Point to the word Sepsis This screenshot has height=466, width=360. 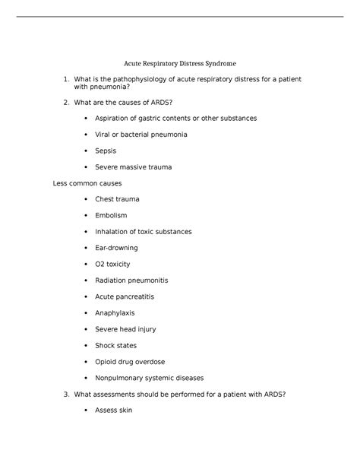point(106,151)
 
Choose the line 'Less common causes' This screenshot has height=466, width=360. point(86,183)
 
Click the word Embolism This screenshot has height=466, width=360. point(111,215)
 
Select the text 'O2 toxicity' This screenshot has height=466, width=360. point(112,264)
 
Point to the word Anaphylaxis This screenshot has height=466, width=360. point(116,312)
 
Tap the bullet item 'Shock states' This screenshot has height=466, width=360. point(115,345)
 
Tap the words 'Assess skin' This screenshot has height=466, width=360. point(114,410)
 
